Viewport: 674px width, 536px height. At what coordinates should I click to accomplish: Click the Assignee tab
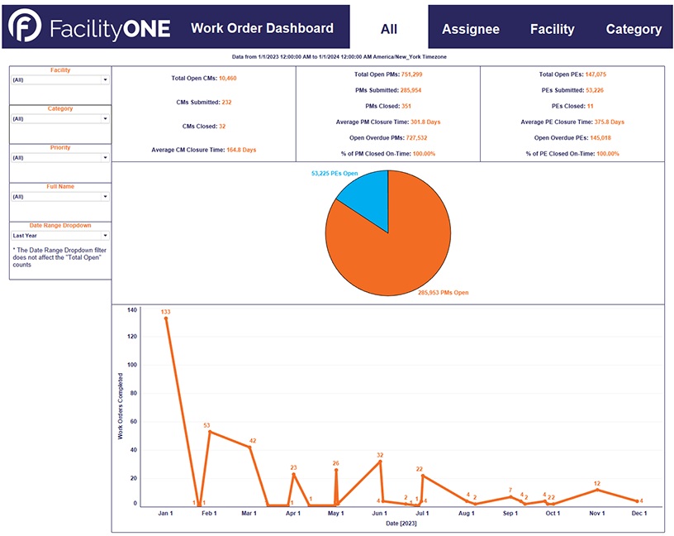click(x=470, y=29)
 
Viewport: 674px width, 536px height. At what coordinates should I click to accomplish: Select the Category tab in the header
click(x=634, y=29)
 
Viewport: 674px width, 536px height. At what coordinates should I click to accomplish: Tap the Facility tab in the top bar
click(x=552, y=29)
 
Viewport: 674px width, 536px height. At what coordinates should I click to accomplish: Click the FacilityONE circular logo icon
click(x=26, y=28)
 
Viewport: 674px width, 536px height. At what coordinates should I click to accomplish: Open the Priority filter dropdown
click(x=59, y=157)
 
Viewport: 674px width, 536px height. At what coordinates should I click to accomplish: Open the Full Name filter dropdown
click(x=59, y=197)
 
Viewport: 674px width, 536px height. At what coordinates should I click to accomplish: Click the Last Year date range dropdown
click(x=59, y=236)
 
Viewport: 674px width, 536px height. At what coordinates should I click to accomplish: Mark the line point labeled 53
click(x=210, y=431)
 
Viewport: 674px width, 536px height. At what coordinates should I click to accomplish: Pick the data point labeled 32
click(x=380, y=462)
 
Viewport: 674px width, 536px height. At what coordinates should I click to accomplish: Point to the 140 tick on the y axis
click(x=132, y=310)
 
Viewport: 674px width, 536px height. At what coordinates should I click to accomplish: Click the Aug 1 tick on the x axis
click(x=467, y=514)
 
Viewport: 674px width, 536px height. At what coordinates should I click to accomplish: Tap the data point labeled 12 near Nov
click(x=596, y=489)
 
